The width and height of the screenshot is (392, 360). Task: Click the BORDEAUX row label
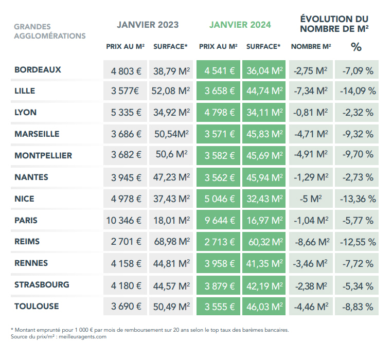tap(38, 69)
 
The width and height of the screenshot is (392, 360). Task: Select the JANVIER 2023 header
tap(148, 25)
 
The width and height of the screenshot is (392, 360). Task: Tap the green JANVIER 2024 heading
tap(240, 25)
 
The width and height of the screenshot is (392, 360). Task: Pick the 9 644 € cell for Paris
tap(218, 221)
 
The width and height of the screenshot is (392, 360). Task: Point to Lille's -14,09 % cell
tap(357, 91)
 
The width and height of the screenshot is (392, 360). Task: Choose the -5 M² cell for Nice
tap(310, 199)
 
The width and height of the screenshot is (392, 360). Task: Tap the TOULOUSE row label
tap(37, 307)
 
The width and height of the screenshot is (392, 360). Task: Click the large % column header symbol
tap(356, 47)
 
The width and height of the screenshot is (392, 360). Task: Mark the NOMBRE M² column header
tap(311, 46)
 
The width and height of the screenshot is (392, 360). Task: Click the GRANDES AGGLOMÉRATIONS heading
tap(49, 31)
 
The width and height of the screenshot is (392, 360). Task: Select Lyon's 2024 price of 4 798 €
tap(218, 113)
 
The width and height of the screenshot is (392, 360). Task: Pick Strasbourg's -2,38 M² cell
tap(310, 285)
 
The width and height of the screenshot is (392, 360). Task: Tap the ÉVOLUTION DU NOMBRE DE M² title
tap(334, 24)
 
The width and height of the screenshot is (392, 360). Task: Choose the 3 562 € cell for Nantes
tap(218, 177)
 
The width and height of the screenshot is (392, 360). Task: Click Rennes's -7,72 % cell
tap(357, 264)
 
